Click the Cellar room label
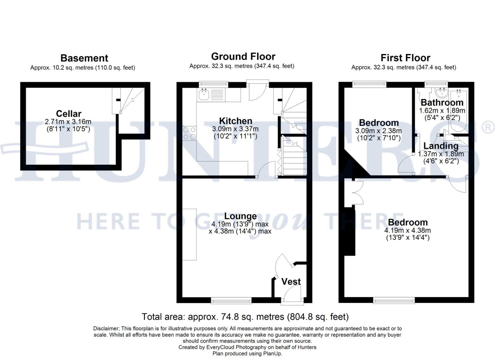click(68, 114)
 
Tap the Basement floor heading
click(84, 58)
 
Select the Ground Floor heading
click(243, 56)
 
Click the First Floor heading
click(405, 58)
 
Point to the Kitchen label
click(235, 121)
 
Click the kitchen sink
click(203, 95)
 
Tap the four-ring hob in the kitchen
click(189, 133)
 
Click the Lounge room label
click(240, 216)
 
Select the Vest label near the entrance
click(291, 282)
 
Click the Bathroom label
click(442, 102)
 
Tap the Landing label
click(441, 146)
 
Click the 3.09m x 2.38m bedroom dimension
click(378, 131)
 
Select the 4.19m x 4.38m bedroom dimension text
click(407, 230)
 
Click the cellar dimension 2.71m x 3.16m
click(68, 122)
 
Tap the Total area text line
click(245, 316)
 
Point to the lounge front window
click(231, 301)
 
